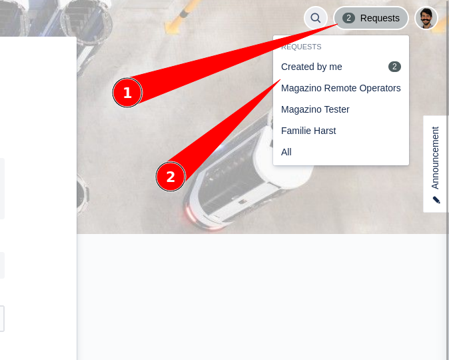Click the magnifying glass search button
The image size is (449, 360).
[x=316, y=18]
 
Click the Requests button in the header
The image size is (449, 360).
[x=371, y=18]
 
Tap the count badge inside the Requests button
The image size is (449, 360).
[x=348, y=18]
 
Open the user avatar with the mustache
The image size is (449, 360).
[x=426, y=18]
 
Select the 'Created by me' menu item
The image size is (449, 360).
[x=312, y=67]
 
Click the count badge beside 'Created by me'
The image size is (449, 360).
[x=394, y=67]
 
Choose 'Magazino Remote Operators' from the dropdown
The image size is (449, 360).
[x=341, y=88]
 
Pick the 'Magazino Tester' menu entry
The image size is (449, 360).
[x=315, y=109]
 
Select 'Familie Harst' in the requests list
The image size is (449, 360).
[x=308, y=131]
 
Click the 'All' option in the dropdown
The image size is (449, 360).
[x=286, y=152]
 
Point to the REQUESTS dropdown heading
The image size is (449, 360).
[x=301, y=47]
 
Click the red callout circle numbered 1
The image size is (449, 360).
[x=127, y=93]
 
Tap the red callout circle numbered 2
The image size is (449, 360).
[x=171, y=177]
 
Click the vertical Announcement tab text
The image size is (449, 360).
[x=435, y=158]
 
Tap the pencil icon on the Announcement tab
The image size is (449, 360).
[x=436, y=200]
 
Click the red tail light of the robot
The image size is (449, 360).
[x=191, y=214]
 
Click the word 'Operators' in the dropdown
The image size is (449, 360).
[x=380, y=88]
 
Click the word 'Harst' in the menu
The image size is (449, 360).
[x=324, y=131]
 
